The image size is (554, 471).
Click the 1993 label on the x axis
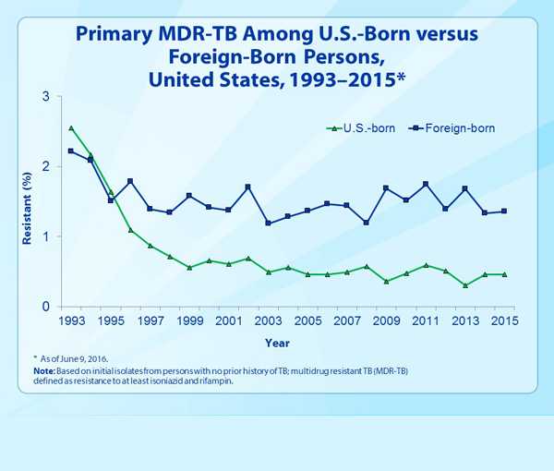(x=71, y=320)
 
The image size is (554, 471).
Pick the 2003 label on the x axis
(x=268, y=320)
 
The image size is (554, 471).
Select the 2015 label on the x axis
(x=504, y=320)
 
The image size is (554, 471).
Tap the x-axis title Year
(x=277, y=343)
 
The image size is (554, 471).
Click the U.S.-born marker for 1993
(x=71, y=128)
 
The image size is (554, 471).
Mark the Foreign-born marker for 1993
(x=71, y=151)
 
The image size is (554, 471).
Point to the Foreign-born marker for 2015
(x=504, y=211)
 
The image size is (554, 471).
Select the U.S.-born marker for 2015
(x=504, y=274)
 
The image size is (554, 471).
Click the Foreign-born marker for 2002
(x=248, y=187)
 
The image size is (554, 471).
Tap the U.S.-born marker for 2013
(x=465, y=285)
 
